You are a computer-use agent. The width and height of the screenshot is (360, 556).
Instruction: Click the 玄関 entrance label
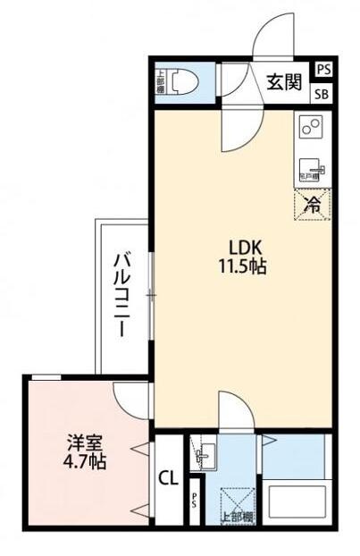coord(285,83)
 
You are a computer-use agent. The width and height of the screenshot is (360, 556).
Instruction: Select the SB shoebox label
coord(322,94)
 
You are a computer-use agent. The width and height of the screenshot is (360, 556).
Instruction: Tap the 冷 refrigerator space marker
coord(313,204)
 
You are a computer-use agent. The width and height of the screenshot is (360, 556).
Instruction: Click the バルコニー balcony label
coord(119,293)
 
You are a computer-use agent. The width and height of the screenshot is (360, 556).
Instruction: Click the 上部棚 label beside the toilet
coord(160,82)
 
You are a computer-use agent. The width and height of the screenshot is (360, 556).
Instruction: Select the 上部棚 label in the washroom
coord(235,517)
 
